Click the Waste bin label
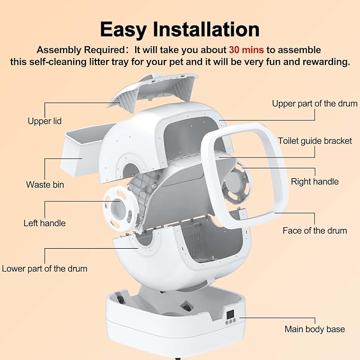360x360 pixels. pos(46,185)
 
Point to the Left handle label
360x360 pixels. pos(45,223)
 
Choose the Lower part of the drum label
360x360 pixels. pos(45,268)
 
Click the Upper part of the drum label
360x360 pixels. pos(314,103)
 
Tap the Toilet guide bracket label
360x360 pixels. pos(315,141)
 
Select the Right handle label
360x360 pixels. pos(314,181)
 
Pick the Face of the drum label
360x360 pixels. pos(315,230)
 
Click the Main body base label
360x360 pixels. pos(314,329)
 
